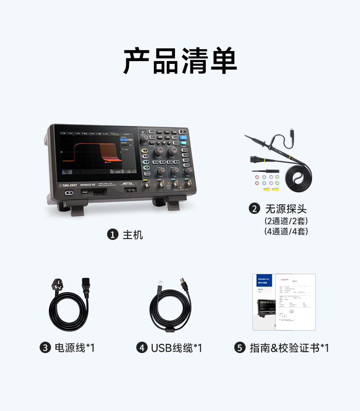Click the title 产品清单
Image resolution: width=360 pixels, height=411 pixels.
click(180, 61)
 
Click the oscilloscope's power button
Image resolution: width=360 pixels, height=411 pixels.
click(69, 193)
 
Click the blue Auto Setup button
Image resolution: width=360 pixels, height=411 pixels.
click(183, 136)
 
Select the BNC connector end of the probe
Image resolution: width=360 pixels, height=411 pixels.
click(254, 159)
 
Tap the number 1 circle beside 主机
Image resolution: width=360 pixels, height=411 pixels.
click(112, 234)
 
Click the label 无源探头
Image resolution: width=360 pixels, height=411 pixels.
click(286, 209)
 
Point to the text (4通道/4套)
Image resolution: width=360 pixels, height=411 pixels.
click(286, 231)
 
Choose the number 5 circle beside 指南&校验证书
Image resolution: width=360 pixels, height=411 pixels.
click(240, 348)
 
